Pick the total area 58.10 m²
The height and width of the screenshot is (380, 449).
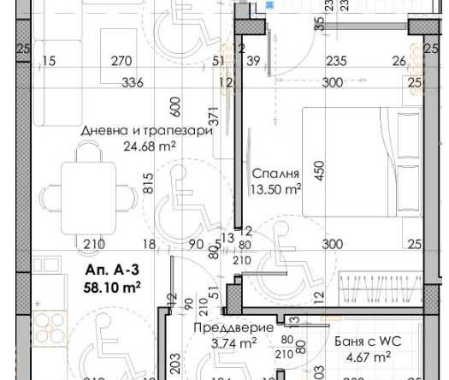click(x=112, y=286)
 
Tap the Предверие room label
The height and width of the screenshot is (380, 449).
click(x=222, y=328)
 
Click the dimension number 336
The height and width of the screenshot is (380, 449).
click(x=133, y=82)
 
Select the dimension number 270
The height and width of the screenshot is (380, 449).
click(x=122, y=61)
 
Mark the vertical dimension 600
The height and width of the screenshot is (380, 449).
click(x=176, y=107)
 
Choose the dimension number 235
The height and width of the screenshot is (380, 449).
click(x=336, y=61)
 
